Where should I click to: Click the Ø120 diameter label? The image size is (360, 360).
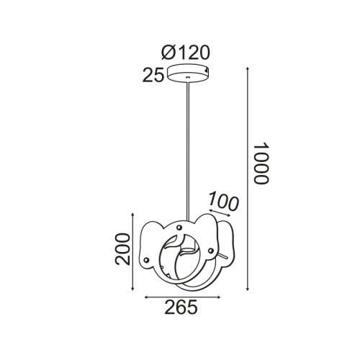[186, 52]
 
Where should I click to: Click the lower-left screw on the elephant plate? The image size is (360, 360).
[148, 258]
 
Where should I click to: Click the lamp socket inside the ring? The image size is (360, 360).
[187, 251]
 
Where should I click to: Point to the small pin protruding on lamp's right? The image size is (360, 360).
[230, 256]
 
